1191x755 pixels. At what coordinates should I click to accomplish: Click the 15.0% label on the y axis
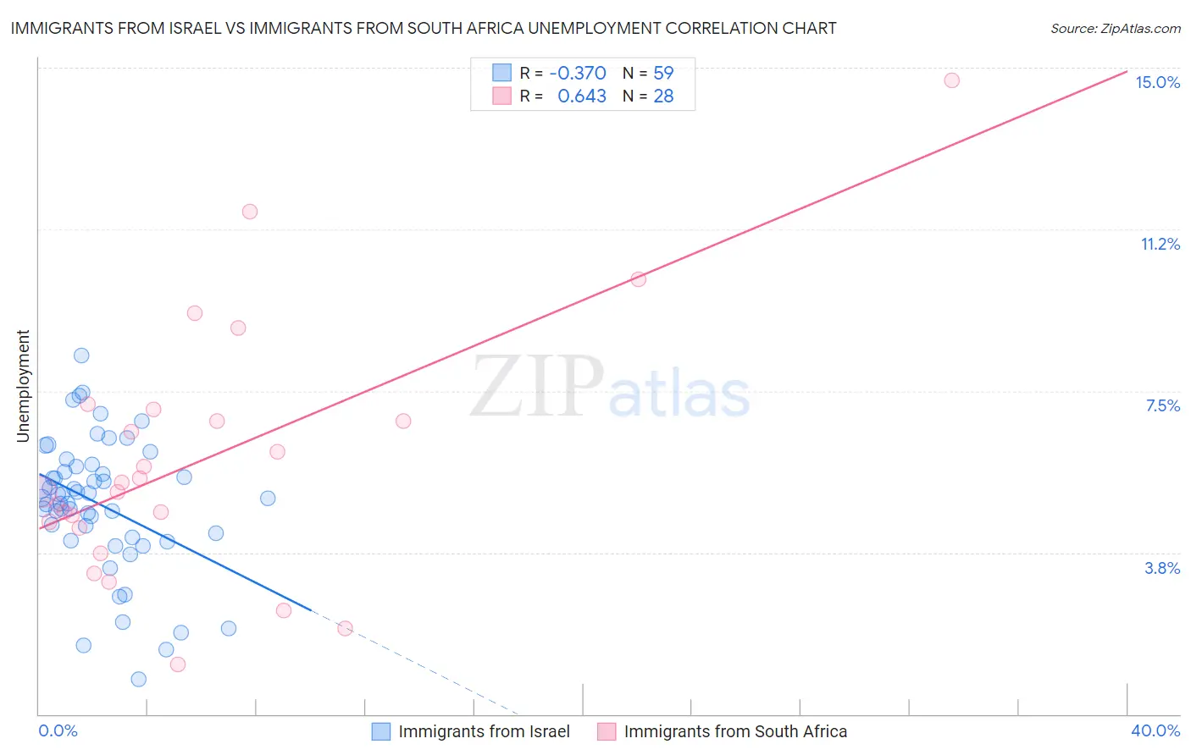[x=1157, y=82]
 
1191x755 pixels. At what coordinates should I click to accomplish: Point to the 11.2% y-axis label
[x=1160, y=244]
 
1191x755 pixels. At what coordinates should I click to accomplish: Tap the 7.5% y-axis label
[x=1162, y=405]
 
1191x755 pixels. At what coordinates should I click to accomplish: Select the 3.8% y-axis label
[x=1162, y=568]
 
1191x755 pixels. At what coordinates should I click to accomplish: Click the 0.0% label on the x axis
[x=58, y=730]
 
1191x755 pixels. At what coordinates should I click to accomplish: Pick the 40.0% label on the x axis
[x=1155, y=730]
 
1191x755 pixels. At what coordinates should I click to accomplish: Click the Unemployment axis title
[x=23, y=386]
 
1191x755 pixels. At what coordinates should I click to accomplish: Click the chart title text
[x=424, y=28]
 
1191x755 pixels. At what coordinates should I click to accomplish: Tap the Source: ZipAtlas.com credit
[x=1115, y=28]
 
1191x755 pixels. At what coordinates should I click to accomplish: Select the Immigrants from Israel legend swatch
[x=381, y=731]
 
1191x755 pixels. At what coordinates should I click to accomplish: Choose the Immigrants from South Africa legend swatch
[x=607, y=731]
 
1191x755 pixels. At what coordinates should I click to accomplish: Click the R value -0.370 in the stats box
[x=578, y=73]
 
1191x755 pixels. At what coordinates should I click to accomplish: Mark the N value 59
[x=663, y=73]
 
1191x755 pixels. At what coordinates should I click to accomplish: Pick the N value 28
[x=663, y=96]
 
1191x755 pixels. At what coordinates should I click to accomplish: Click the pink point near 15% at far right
[x=951, y=80]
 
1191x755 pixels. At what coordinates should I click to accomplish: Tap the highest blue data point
[x=81, y=355]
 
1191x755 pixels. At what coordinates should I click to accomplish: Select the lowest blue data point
[x=139, y=679]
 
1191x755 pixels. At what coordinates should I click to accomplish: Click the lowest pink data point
[x=178, y=664]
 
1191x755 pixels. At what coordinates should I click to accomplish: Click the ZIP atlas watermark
[x=610, y=389]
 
